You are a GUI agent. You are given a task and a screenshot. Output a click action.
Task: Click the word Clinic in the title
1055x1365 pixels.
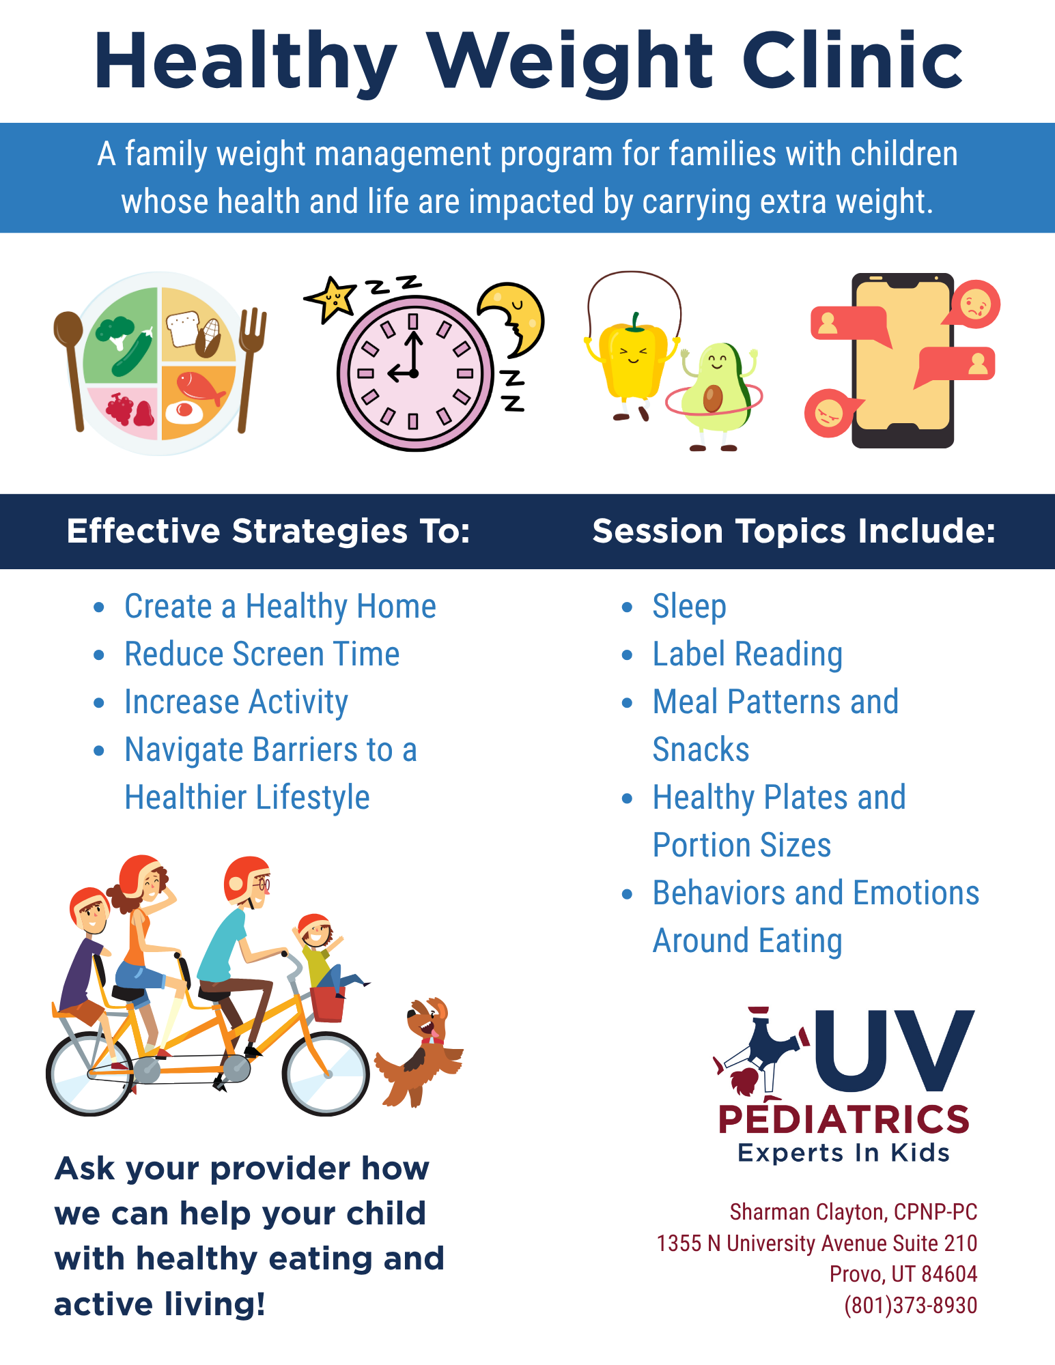tap(853, 61)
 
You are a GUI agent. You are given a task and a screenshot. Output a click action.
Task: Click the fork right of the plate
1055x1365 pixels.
tap(250, 369)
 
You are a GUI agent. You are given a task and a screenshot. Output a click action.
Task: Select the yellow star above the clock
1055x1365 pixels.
tap(331, 298)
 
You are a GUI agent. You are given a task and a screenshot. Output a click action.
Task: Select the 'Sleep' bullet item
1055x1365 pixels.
tap(689, 607)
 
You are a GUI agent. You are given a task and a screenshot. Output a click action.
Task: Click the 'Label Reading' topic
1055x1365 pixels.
tap(748, 655)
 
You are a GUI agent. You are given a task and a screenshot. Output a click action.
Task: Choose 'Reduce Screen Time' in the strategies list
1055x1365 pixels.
tap(262, 654)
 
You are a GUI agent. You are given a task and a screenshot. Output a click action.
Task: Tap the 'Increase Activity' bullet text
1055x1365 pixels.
tap(236, 702)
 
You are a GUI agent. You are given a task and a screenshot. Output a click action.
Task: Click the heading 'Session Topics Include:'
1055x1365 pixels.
tap(794, 531)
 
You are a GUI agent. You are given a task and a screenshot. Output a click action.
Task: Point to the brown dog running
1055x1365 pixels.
tap(419, 1051)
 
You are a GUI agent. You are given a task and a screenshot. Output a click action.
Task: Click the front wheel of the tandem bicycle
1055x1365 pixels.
tap(326, 1074)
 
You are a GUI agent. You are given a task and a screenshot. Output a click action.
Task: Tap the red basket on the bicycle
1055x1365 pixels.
tap(328, 1003)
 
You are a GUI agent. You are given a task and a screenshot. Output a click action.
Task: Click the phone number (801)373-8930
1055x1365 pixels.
tap(910, 1305)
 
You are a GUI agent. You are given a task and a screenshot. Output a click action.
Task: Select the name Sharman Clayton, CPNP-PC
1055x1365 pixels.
tap(854, 1212)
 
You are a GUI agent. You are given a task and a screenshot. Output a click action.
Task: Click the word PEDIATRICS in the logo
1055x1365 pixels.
tap(844, 1120)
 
